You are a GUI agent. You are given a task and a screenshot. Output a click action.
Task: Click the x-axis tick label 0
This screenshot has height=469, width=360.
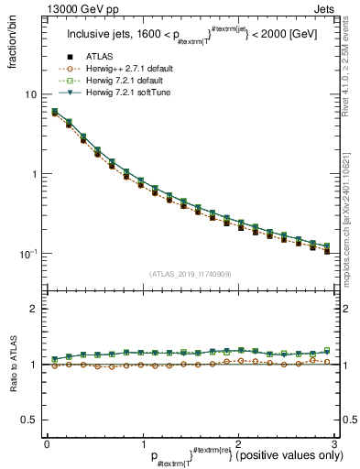[47, 443]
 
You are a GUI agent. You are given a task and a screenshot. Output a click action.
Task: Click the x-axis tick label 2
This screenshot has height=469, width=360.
[238, 443]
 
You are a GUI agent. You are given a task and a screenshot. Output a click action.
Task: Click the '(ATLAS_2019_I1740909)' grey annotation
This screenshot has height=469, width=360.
[190, 274]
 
